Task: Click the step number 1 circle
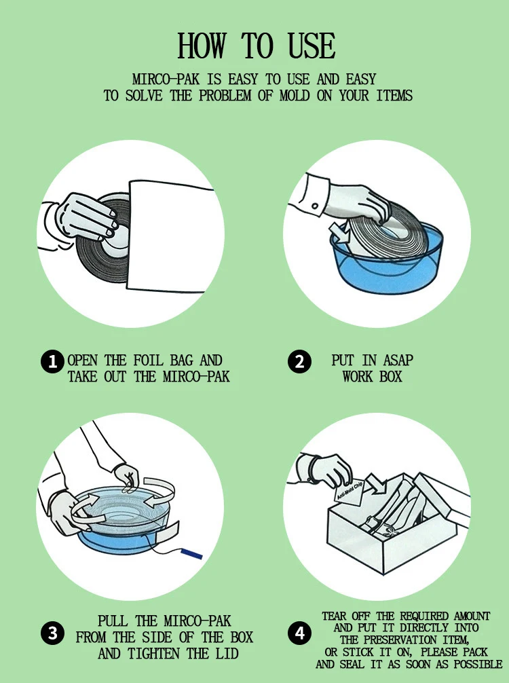[53, 362]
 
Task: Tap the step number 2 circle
[299, 362]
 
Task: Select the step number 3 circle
[53, 633]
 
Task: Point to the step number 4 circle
[299, 633]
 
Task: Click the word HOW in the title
[202, 45]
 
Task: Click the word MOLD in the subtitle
[295, 96]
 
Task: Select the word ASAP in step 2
[398, 361]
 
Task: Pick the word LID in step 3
[227, 653]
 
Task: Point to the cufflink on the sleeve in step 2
[315, 206]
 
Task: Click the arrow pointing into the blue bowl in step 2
[339, 233]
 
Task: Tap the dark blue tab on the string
[191, 553]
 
